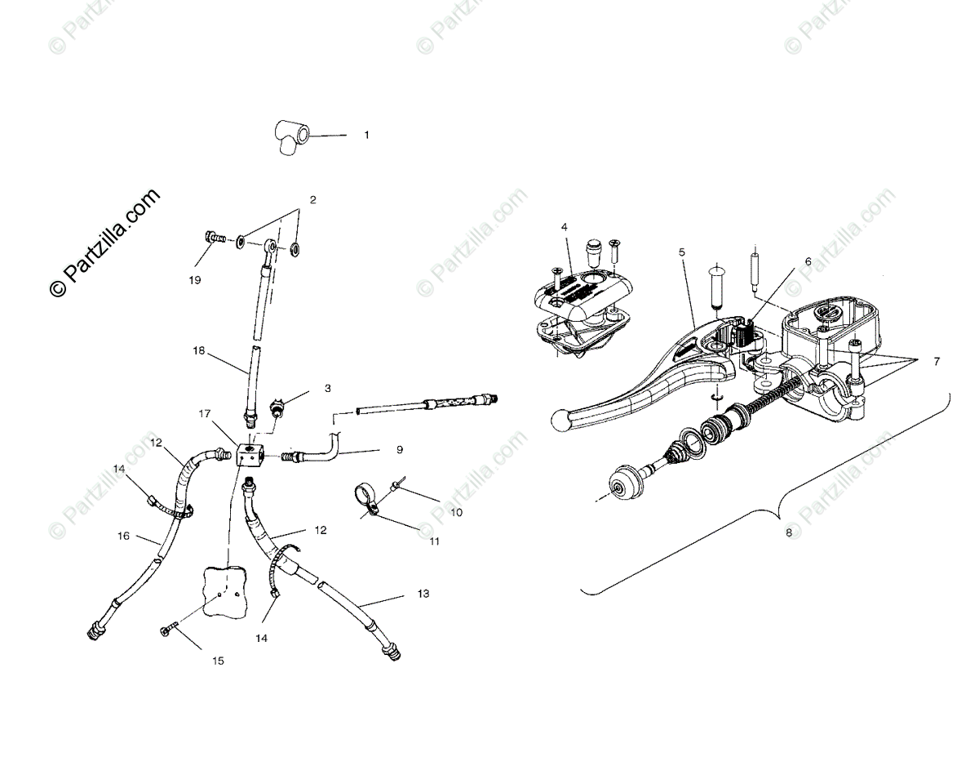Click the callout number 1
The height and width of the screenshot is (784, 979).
[x=366, y=135]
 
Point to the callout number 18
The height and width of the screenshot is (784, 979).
[x=199, y=350]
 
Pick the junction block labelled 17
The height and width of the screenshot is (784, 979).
[x=247, y=454]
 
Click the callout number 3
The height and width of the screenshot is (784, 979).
[x=327, y=389]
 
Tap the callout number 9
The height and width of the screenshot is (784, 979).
[x=400, y=449]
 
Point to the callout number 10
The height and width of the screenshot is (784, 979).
[x=456, y=513]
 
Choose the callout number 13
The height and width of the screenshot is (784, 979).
[x=423, y=594]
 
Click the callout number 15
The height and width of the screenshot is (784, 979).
[x=218, y=661]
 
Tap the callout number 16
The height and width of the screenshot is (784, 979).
[x=123, y=537]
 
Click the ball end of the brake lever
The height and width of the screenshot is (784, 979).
[x=560, y=420]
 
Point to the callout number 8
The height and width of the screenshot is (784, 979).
[x=788, y=532]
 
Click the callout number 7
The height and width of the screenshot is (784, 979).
[x=937, y=361]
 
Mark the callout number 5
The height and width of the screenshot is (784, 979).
[x=681, y=252]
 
